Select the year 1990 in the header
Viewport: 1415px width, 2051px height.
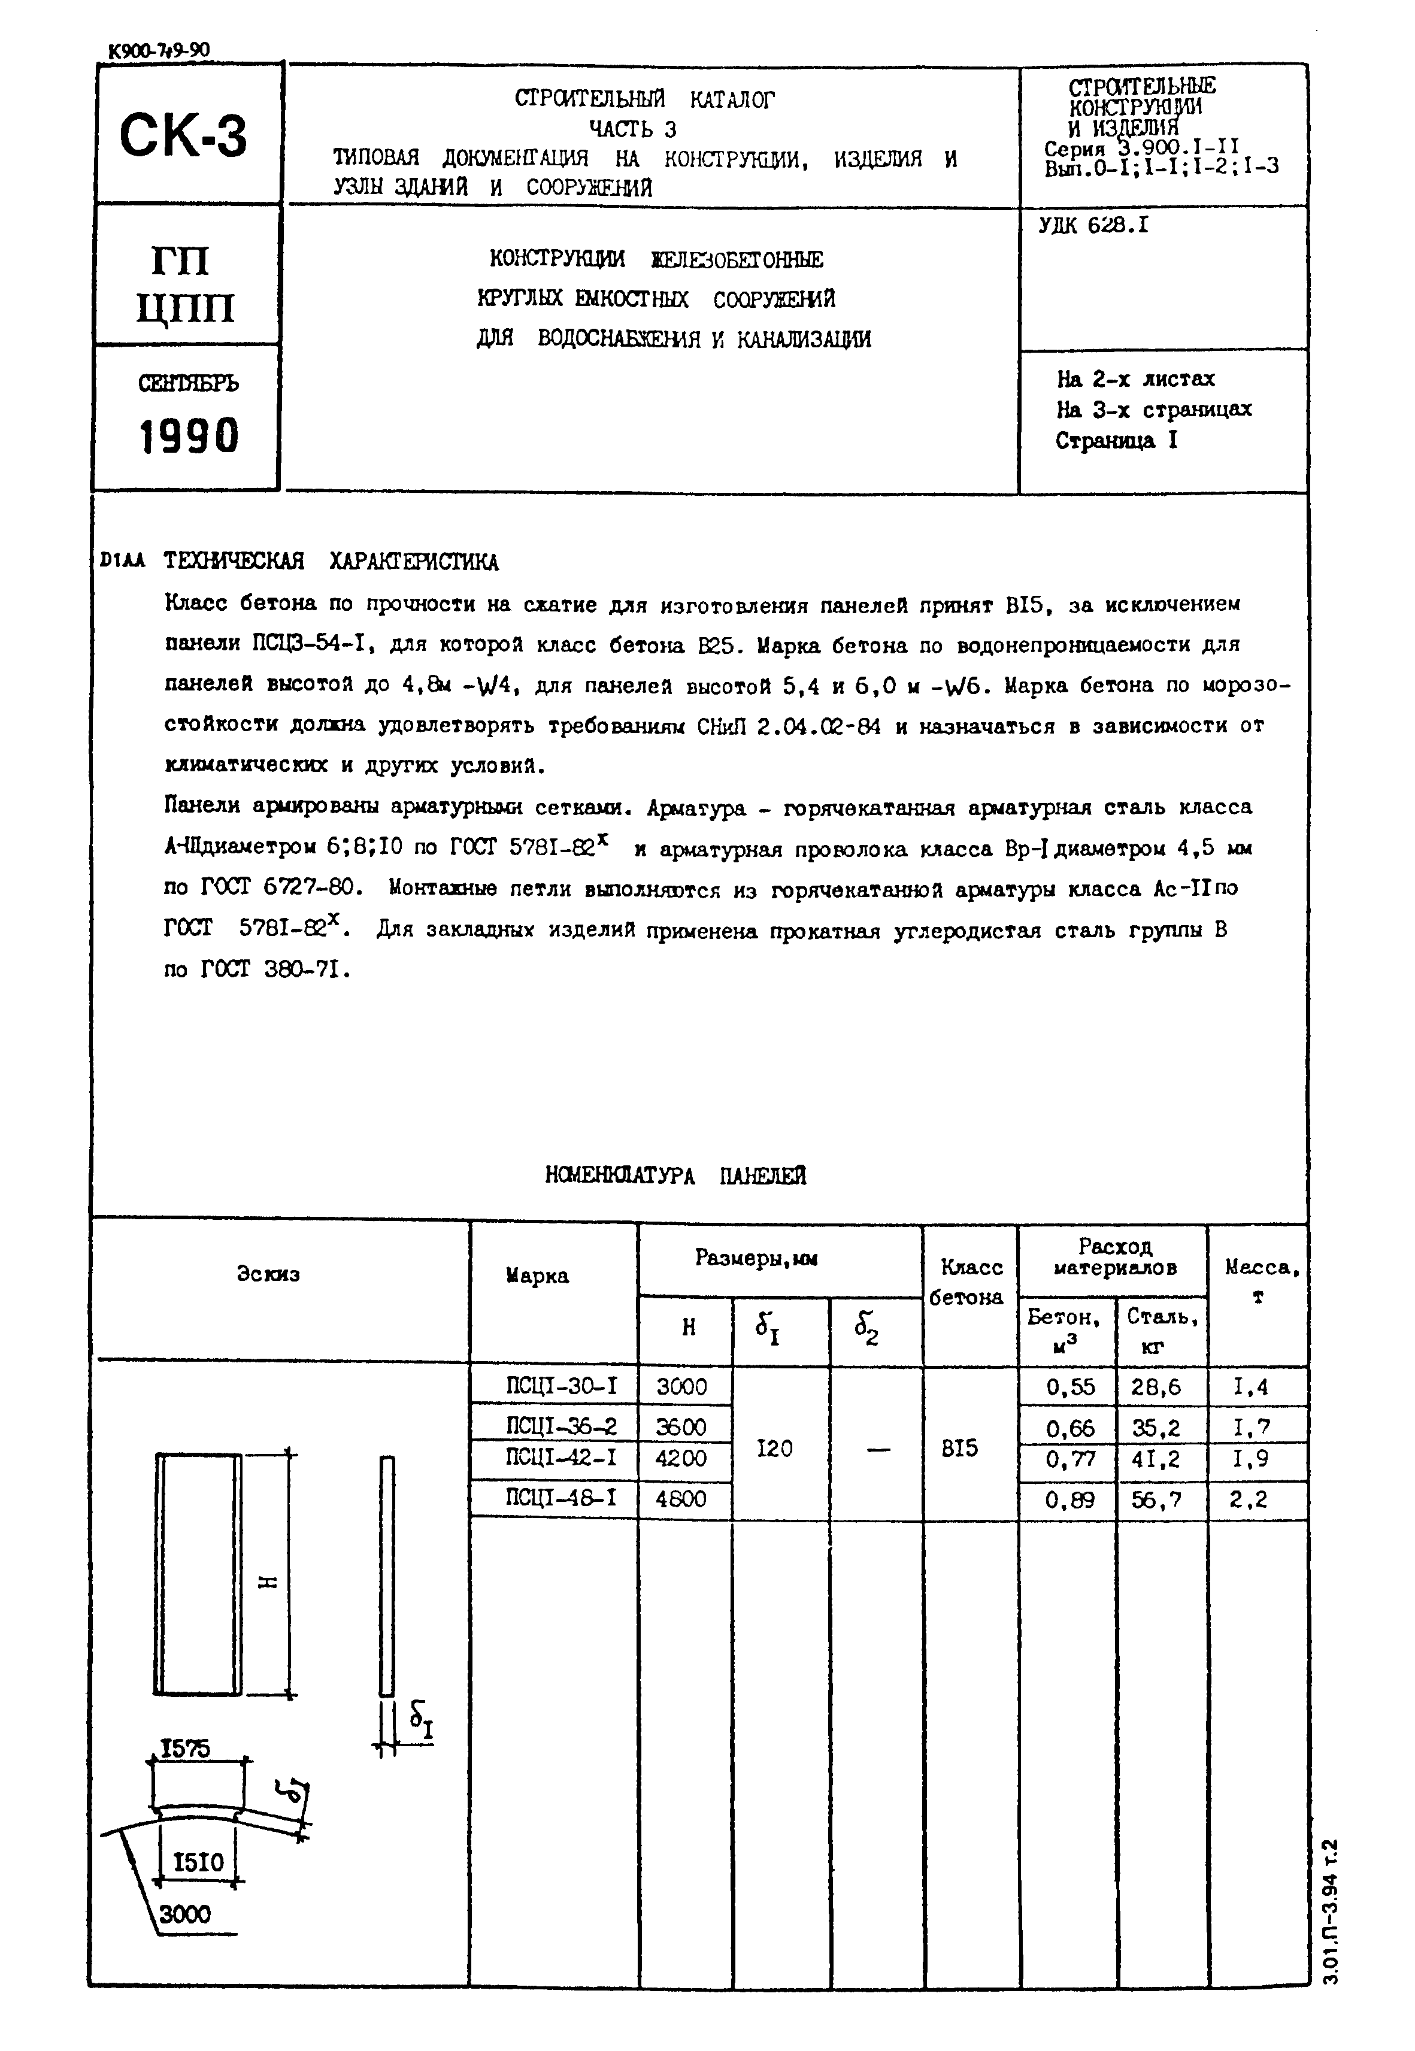point(189,436)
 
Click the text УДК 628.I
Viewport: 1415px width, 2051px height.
point(1093,226)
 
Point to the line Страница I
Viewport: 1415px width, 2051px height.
point(1116,441)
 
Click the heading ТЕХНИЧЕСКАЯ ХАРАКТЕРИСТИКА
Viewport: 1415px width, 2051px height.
point(331,562)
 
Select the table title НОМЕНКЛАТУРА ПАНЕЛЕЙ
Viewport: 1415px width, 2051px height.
point(675,1176)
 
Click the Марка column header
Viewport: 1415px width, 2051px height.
point(537,1276)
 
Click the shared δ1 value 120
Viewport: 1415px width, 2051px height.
point(775,1449)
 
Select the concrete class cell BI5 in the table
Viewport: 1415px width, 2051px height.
point(960,1449)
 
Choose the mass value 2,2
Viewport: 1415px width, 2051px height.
point(1250,1499)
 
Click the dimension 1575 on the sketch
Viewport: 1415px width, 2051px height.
point(185,1749)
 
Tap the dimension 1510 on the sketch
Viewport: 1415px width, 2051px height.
point(199,1862)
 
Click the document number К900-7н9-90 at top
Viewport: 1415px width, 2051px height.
point(160,50)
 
